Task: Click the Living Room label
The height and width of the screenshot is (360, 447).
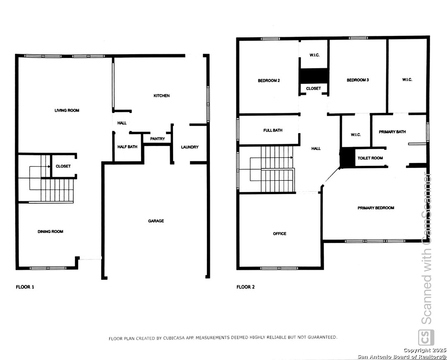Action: tap(67, 110)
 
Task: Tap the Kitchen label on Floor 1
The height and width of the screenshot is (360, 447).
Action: tap(162, 96)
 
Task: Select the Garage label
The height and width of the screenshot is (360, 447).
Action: tap(156, 221)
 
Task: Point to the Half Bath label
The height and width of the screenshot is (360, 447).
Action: tap(127, 147)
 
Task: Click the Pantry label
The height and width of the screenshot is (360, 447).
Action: tap(158, 139)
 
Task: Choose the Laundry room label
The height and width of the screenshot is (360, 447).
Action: tap(190, 147)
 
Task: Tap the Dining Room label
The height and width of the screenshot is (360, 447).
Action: tap(50, 231)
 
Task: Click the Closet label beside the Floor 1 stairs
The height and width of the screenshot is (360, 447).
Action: tap(63, 166)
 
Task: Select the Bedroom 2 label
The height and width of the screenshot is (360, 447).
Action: tap(269, 81)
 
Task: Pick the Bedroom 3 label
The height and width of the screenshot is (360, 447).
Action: tap(358, 80)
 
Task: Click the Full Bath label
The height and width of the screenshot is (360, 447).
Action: tap(273, 130)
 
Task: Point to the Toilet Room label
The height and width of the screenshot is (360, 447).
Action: tap(370, 158)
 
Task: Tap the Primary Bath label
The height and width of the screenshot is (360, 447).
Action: tap(392, 132)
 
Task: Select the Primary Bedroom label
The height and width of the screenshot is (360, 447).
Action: tap(376, 208)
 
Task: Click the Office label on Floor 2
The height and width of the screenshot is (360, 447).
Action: tap(280, 234)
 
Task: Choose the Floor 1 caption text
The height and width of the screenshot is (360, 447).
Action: tap(25, 287)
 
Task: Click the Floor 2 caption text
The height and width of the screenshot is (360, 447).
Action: tap(246, 287)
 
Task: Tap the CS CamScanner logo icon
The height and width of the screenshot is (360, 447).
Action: tap(426, 338)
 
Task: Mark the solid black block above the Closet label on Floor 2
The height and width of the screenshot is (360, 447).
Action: tap(314, 76)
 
